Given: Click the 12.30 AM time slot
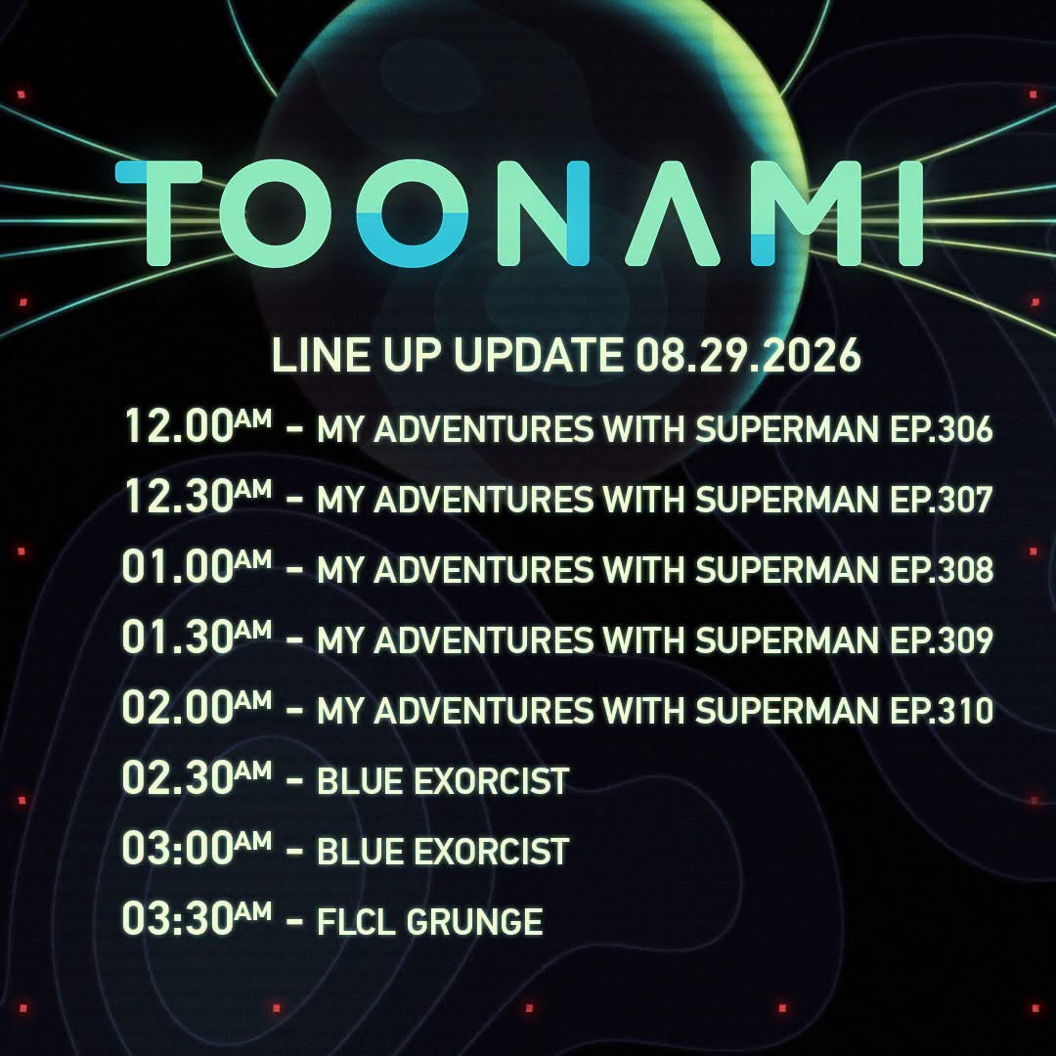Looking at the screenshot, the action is point(198,497).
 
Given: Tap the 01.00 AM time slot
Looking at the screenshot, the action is point(197,566).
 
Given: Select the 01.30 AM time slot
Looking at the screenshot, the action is point(197,637).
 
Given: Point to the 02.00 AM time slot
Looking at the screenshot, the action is point(197,707).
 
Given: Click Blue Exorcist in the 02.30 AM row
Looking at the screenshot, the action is point(443,781).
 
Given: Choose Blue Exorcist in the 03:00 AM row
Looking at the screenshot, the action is point(443,852).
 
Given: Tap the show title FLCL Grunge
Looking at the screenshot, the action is point(429,921).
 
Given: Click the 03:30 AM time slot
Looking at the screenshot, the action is point(197,918).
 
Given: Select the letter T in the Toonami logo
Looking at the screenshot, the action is point(159,213).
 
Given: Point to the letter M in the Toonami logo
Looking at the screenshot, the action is point(802,213).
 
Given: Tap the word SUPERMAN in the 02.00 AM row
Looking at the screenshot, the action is point(787,711).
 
